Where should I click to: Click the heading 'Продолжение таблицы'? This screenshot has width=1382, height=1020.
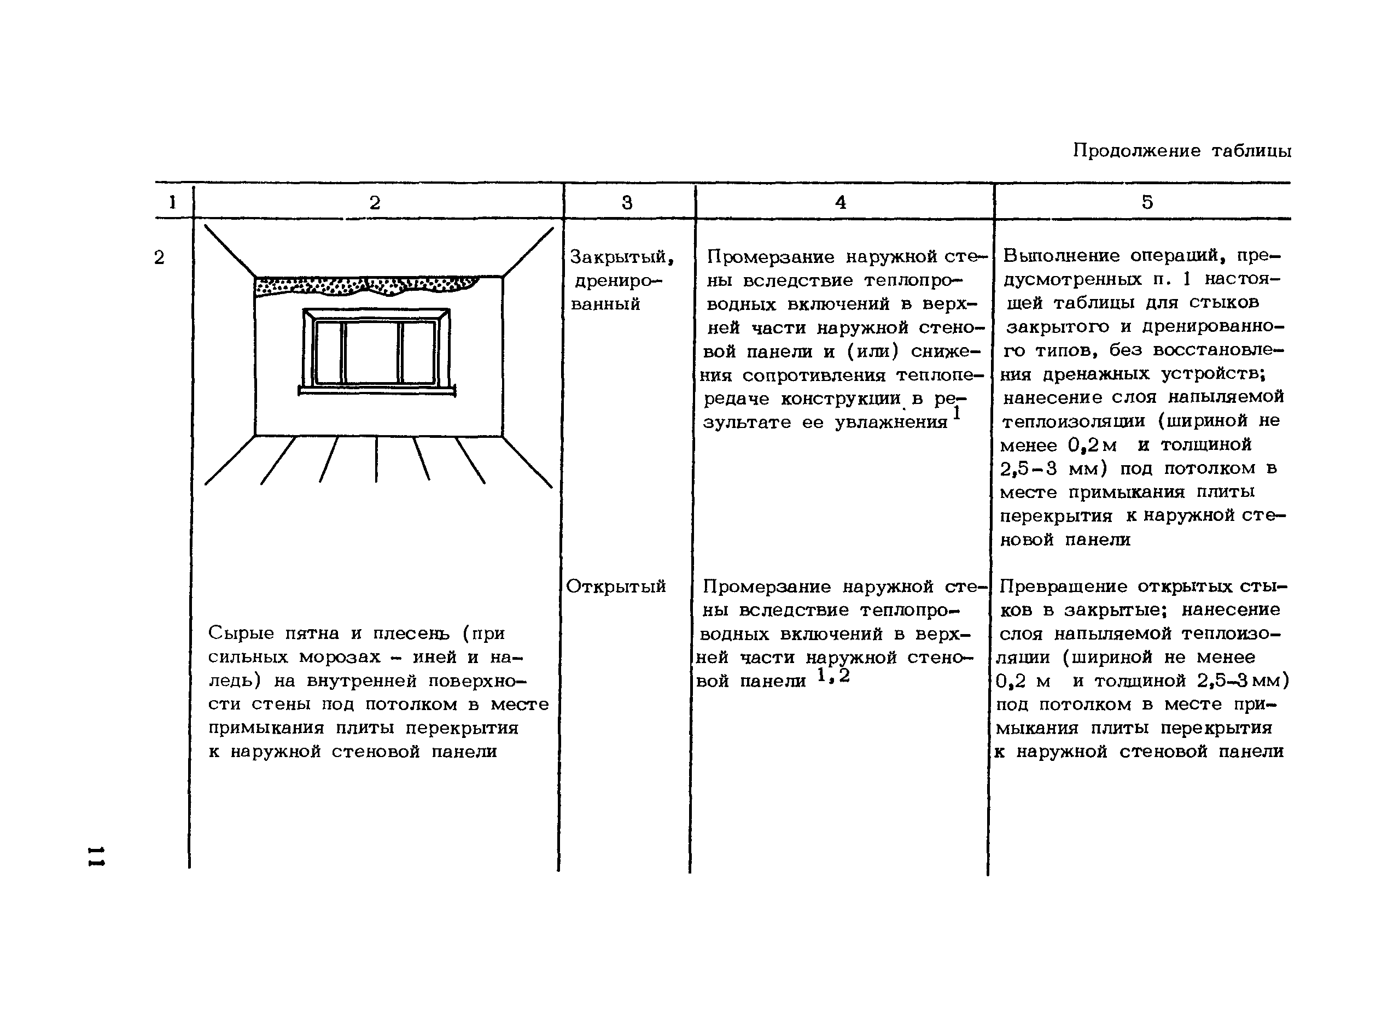(x=1181, y=151)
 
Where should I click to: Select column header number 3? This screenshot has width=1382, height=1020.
(x=627, y=202)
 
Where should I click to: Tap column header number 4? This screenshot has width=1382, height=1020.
(x=841, y=202)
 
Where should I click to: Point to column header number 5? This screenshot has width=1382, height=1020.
(x=1147, y=202)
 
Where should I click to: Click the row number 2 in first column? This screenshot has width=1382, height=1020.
(x=159, y=257)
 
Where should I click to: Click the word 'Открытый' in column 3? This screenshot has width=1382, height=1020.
(x=616, y=586)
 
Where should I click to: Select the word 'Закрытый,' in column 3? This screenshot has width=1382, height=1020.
(x=621, y=256)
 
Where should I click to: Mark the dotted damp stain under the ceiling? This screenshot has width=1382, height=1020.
(x=367, y=285)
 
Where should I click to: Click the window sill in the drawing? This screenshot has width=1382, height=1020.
(x=377, y=390)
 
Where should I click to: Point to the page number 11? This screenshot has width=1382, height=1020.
(x=96, y=856)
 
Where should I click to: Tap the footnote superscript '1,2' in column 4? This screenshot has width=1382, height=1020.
(x=833, y=676)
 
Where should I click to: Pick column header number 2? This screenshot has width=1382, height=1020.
(x=375, y=202)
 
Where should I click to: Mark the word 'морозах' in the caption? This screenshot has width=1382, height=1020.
(x=339, y=657)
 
